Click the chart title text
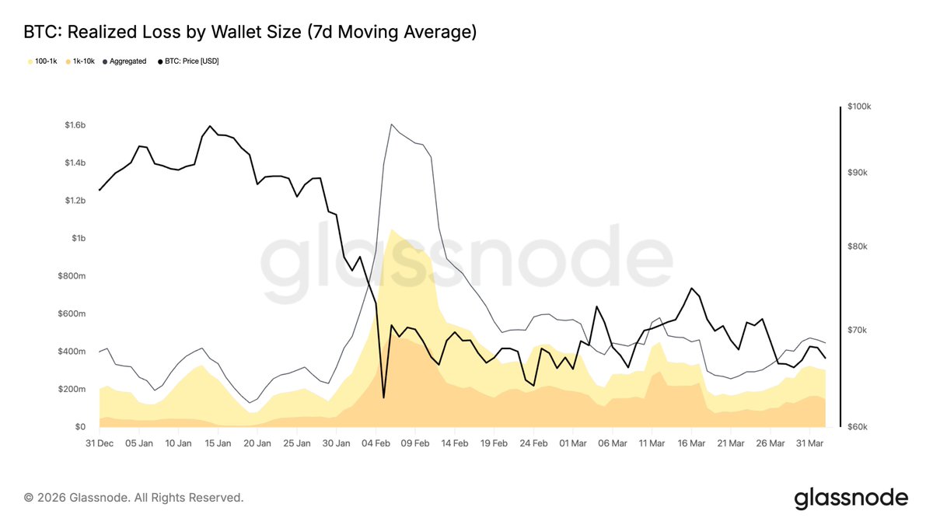pyautogui.click(x=250, y=33)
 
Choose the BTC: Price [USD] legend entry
pyautogui.click(x=191, y=61)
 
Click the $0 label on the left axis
pyautogui.click(x=79, y=427)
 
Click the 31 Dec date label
pyautogui.click(x=100, y=443)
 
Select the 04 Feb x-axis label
pyautogui.click(x=376, y=443)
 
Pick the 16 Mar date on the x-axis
pyautogui.click(x=691, y=443)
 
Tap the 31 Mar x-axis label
pyautogui.click(x=809, y=443)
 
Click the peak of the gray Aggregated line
pyautogui.click(x=391, y=124)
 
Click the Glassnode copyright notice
pyautogui.click(x=134, y=497)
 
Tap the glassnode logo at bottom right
pyautogui.click(x=851, y=497)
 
